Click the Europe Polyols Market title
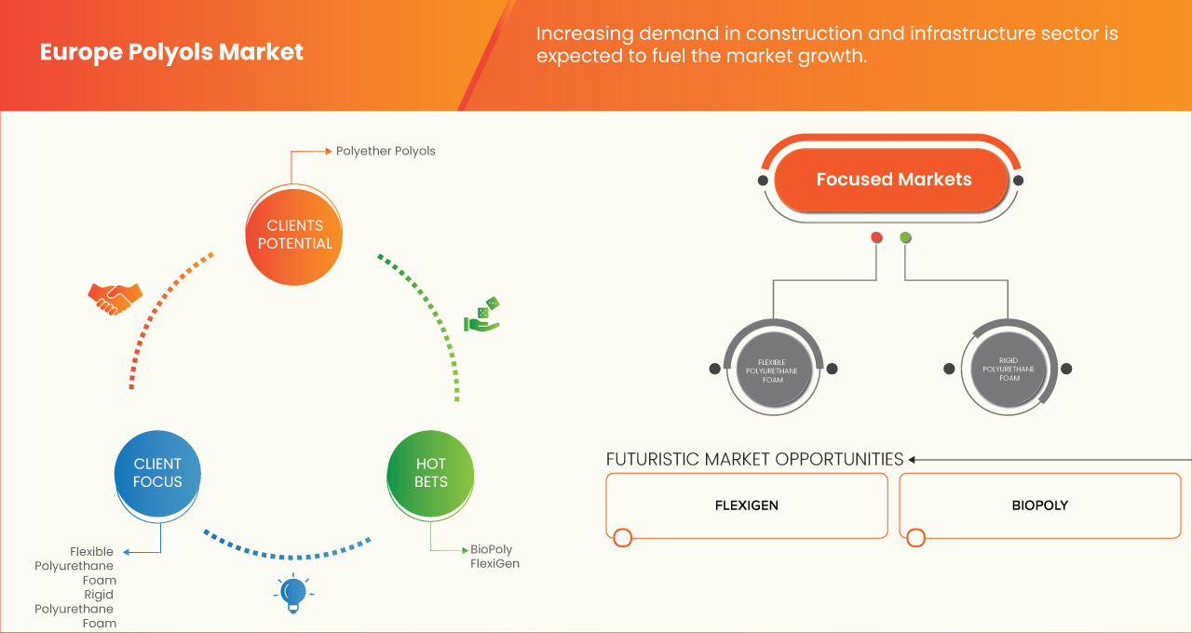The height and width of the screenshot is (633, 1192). coord(171,52)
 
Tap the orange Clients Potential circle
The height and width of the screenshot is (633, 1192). coord(293,235)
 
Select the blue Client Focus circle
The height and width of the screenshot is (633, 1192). coord(157,473)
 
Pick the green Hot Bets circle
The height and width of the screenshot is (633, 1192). coord(430,473)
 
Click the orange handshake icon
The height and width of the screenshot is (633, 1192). coord(115,298)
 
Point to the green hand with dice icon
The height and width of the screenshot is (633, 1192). coord(482,316)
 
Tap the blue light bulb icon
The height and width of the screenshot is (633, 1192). coord(293,593)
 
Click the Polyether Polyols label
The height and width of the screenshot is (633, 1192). coord(386,151)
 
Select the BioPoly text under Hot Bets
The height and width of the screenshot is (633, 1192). coord(491,549)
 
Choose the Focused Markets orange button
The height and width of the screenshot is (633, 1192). coord(893,180)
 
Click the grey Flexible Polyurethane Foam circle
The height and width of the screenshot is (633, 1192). coord(773,369)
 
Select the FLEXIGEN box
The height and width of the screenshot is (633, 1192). coord(746,505)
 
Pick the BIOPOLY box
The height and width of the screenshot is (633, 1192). coord(1039,505)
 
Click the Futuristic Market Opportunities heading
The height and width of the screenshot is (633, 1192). coord(754,459)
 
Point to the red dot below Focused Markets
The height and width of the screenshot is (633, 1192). coord(876,237)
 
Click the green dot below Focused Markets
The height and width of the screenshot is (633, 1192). coord(905,237)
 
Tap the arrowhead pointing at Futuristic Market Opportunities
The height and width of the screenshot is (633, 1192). coord(913,459)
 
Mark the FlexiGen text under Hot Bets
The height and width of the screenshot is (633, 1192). coord(494,563)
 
